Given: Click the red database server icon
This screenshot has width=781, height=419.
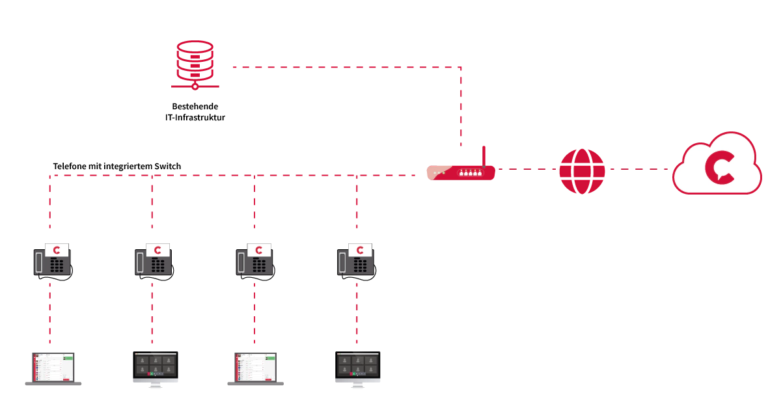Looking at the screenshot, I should tap(195, 64).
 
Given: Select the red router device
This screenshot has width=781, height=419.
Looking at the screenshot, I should tap(461, 172).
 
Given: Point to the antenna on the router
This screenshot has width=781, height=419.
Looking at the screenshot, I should tap(484, 156).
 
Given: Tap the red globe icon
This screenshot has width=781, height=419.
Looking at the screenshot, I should tap(582, 171).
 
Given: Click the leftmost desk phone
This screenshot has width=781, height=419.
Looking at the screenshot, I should tap(51, 260).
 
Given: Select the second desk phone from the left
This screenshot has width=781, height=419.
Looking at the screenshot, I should tap(153, 260).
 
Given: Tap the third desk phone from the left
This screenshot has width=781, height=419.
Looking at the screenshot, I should tap(254, 260).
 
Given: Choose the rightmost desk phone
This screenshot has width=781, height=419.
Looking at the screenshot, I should tap(355, 260).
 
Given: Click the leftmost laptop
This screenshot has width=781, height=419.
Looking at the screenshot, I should tap(53, 369).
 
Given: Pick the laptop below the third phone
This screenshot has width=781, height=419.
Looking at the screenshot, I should tap(256, 369).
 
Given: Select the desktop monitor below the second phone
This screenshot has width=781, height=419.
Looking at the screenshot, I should tap(156, 368).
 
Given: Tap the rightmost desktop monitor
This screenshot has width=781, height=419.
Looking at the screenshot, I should tap(359, 368).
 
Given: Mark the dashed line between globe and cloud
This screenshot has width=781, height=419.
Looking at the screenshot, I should tap(639, 169).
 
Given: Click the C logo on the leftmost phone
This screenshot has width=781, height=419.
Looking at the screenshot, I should tap(57, 250).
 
